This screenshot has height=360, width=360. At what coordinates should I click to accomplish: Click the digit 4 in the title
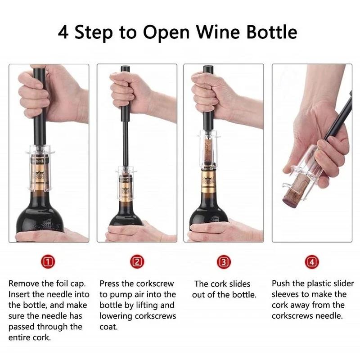[63, 32]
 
